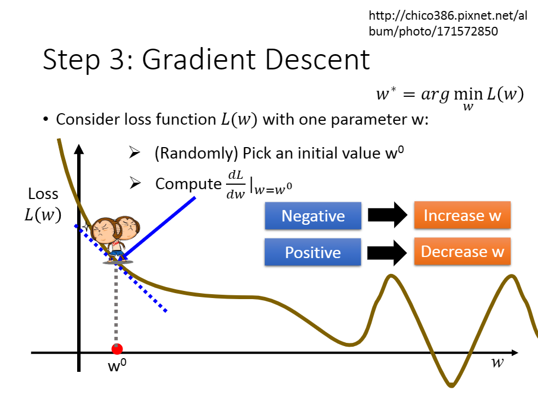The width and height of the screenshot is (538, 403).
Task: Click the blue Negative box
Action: pyautogui.click(x=313, y=215)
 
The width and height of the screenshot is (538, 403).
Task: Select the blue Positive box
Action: pyautogui.click(x=313, y=252)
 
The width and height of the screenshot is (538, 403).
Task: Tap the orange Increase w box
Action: pyautogui.click(x=462, y=215)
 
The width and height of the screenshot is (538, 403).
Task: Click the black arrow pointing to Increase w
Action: pyautogui.click(x=387, y=215)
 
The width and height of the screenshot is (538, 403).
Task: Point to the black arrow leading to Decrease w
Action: pyautogui.click(x=387, y=253)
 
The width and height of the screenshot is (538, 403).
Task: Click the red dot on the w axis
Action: pyautogui.click(x=117, y=349)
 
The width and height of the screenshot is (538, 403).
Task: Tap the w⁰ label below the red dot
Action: pyautogui.click(x=117, y=365)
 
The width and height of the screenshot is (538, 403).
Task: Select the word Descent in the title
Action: pyautogui.click(x=318, y=59)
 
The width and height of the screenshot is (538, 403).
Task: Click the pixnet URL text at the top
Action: pyautogui.click(x=448, y=24)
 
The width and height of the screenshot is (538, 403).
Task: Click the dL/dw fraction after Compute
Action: pyautogui.click(x=236, y=184)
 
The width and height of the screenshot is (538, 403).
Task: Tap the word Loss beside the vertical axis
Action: pyautogui.click(x=43, y=194)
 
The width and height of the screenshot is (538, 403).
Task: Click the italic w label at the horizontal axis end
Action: pyautogui.click(x=497, y=362)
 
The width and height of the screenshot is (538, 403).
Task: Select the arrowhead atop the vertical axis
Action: pyautogui.click(x=79, y=149)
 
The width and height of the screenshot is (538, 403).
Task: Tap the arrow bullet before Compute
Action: pyautogui.click(x=135, y=183)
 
